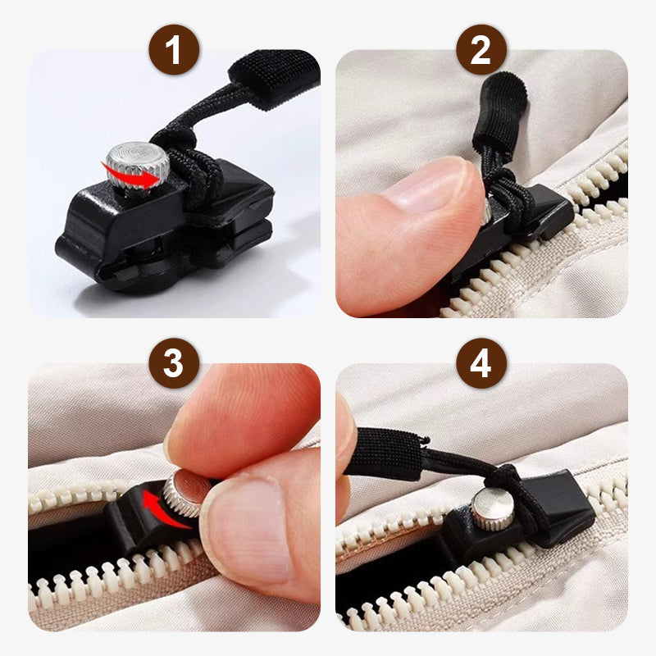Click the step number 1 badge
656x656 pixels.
click(173, 51)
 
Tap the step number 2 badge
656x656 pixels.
click(481, 51)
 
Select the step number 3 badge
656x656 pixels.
click(173, 363)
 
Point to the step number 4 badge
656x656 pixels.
click(481, 363)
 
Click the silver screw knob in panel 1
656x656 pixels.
click(139, 160)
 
